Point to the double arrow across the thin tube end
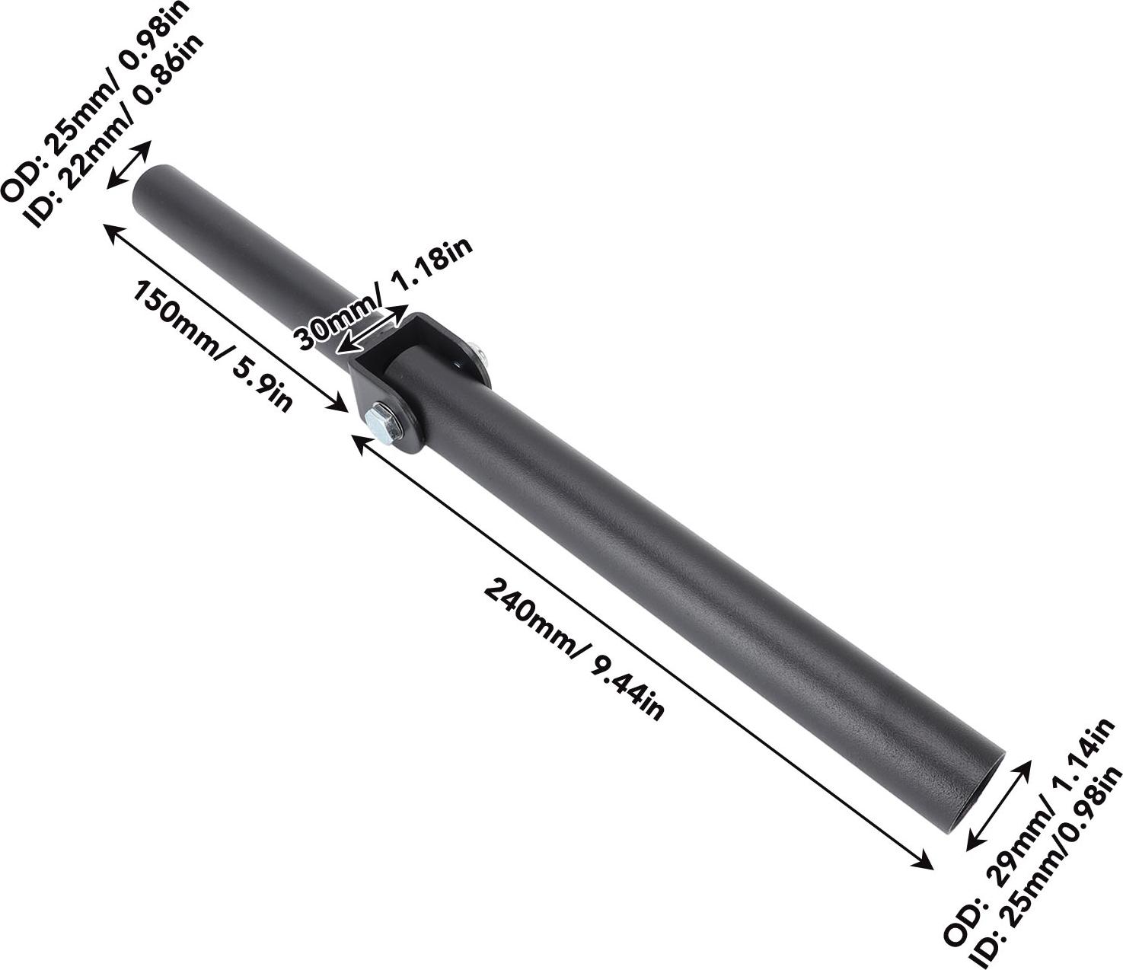click(128, 164)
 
